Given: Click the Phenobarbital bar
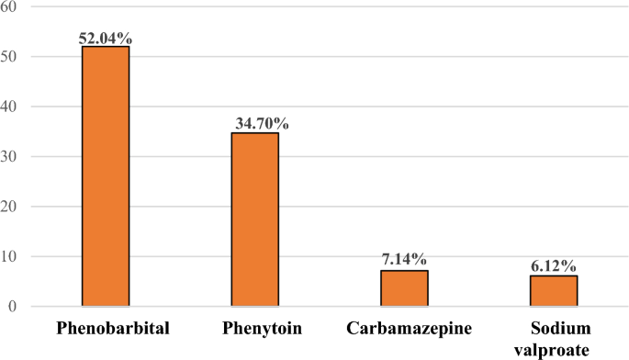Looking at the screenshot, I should tap(106, 175).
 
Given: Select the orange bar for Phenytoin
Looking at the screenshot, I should tap(254, 219).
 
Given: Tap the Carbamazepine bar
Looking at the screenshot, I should tap(404, 288).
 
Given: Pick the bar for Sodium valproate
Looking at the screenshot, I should tap(554, 290).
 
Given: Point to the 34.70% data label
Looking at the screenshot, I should tap(255, 124).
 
